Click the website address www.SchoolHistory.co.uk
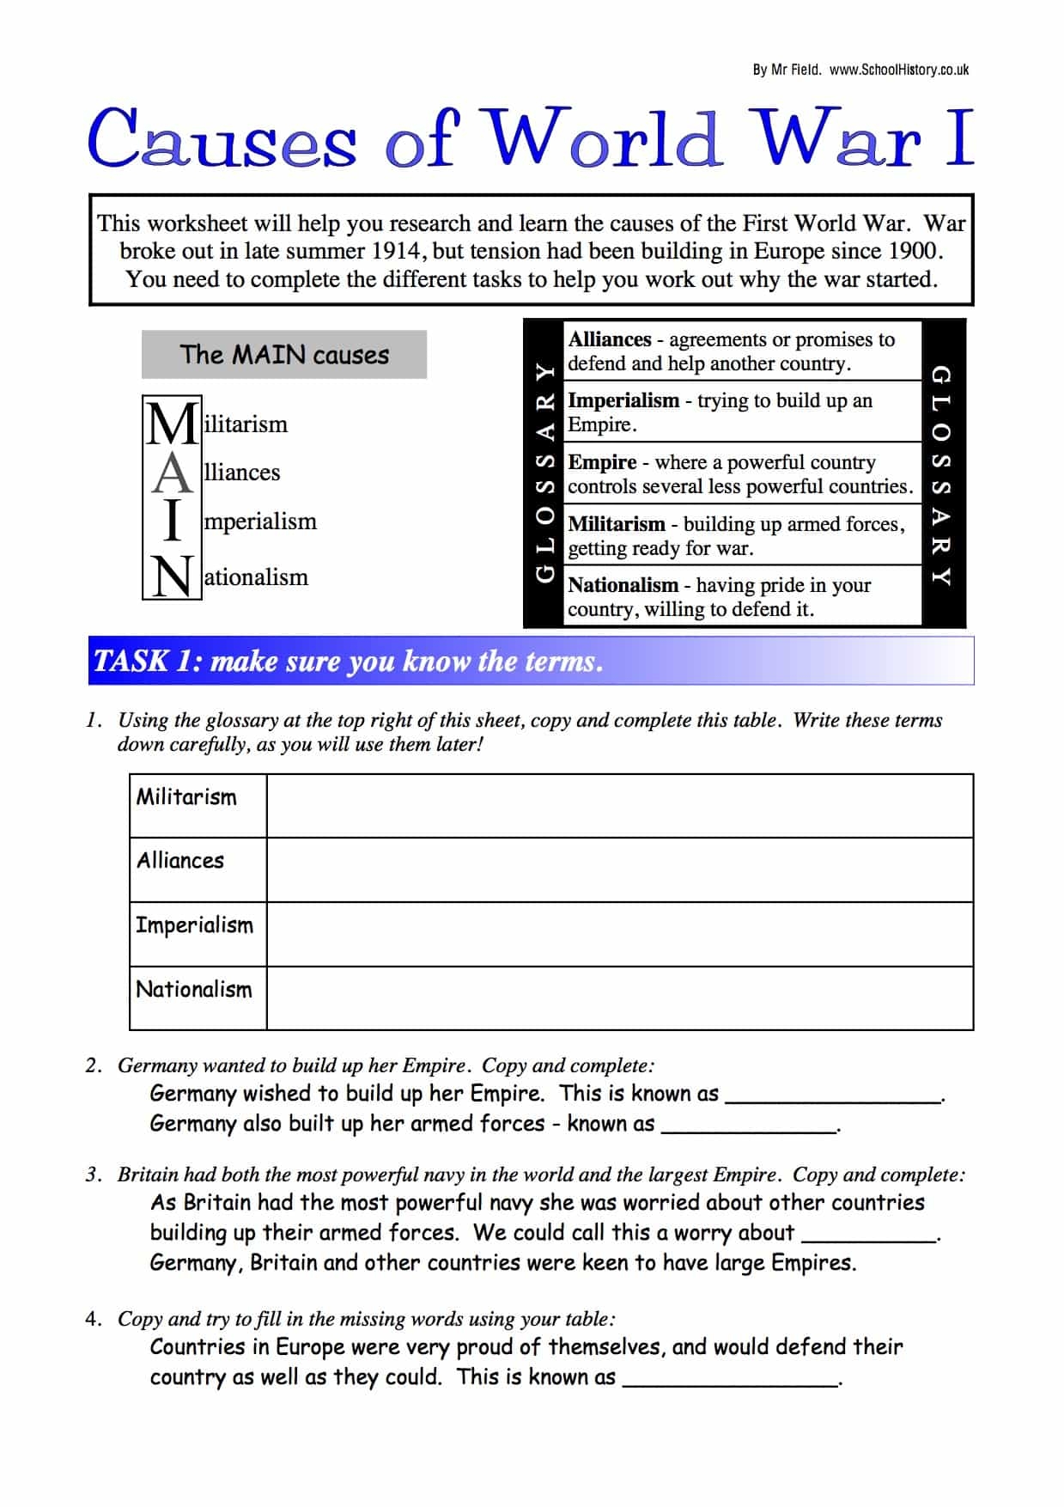pos(898,70)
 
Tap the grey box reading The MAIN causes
pos(284,355)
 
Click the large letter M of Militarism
pos(173,424)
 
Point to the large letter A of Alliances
pos(173,473)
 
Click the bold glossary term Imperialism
pos(623,400)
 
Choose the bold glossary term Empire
pos(602,462)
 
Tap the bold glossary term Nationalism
pos(623,585)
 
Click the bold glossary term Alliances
pos(610,339)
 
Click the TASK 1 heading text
pos(348,661)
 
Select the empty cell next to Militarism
pos(619,806)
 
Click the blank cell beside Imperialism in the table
pos(619,934)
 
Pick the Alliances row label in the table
pos(180,861)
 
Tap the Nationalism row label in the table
pos(194,990)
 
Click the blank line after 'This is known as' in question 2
pos(833,1096)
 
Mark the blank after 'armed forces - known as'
pos(748,1126)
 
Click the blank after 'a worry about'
pos(867,1235)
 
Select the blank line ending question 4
pos(730,1380)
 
